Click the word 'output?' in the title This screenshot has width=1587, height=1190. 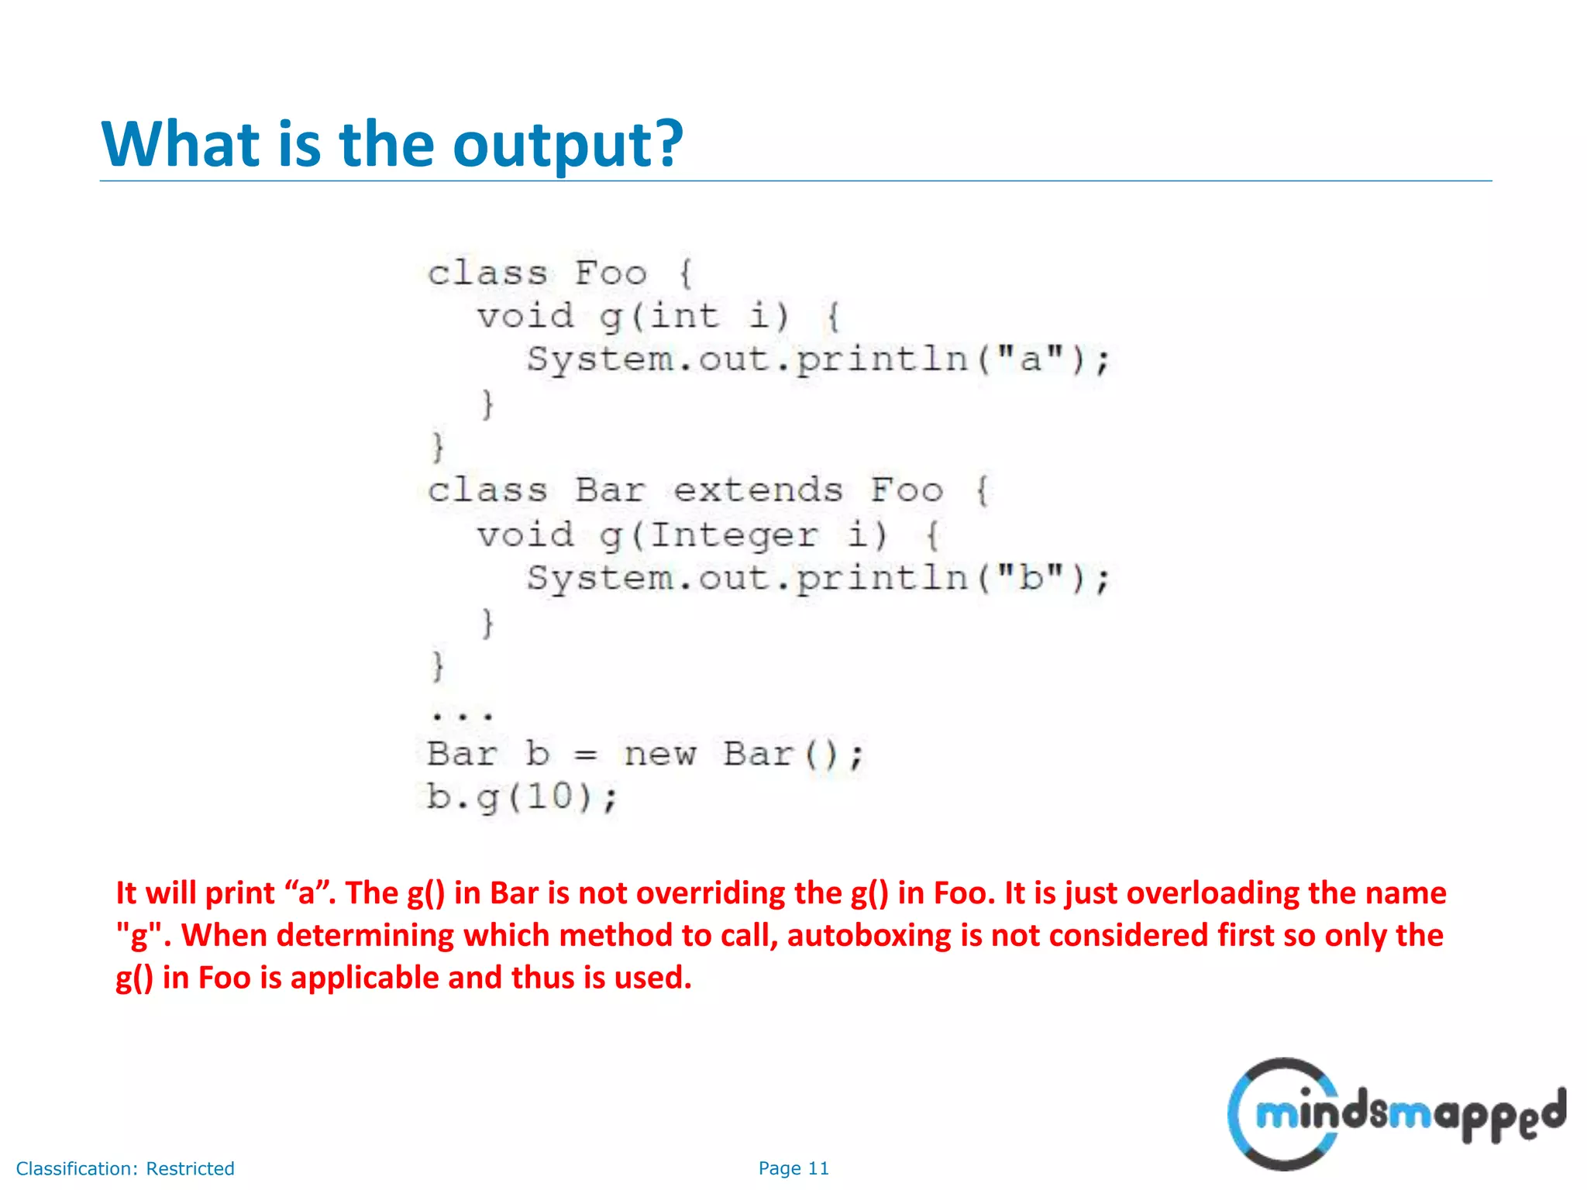[x=567, y=146]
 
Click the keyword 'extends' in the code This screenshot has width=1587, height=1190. [x=757, y=490]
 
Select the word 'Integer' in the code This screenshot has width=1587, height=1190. [x=733, y=535]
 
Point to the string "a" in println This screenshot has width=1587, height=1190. [x=1030, y=359]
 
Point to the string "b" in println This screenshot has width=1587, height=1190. [x=1030, y=578]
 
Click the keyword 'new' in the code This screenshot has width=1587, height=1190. [x=659, y=754]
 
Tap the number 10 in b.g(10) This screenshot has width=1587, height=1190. [x=549, y=796]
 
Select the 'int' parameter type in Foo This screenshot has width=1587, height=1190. [x=684, y=316]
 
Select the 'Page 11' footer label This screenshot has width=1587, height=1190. [x=793, y=1168]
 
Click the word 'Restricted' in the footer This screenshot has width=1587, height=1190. [x=190, y=1168]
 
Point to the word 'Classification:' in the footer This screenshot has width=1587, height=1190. [x=77, y=1168]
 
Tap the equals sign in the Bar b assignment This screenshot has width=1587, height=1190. [x=586, y=755]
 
